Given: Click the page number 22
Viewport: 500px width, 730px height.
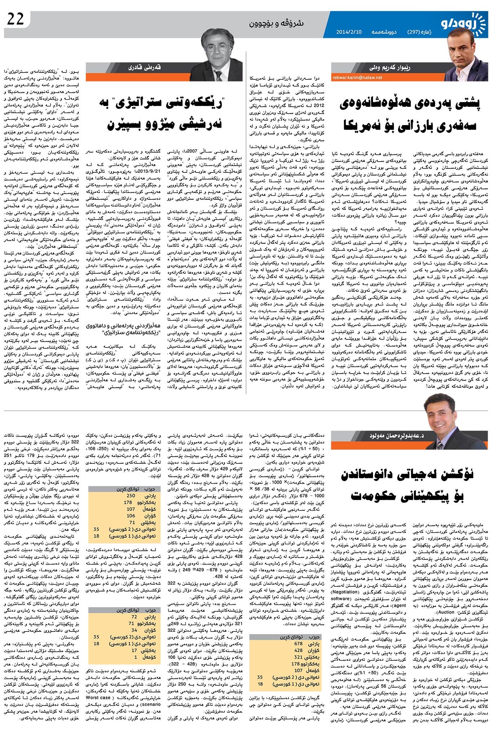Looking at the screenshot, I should [16, 19].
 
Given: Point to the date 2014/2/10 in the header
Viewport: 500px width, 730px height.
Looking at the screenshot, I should [349, 32].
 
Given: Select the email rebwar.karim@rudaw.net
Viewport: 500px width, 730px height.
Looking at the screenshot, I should [357, 77].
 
